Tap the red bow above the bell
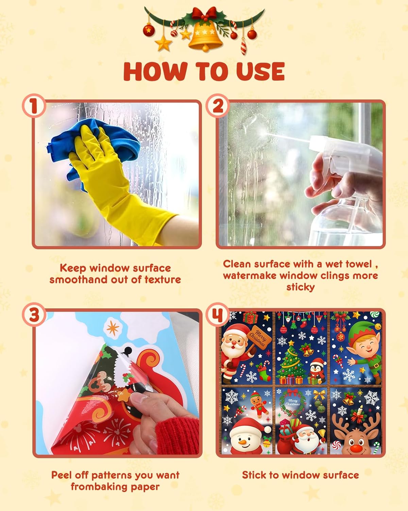pyautogui.click(x=204, y=13)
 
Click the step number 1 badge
pyautogui.click(x=34, y=105)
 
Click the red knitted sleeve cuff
pyautogui.click(x=177, y=435)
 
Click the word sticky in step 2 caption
pyautogui.click(x=300, y=287)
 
